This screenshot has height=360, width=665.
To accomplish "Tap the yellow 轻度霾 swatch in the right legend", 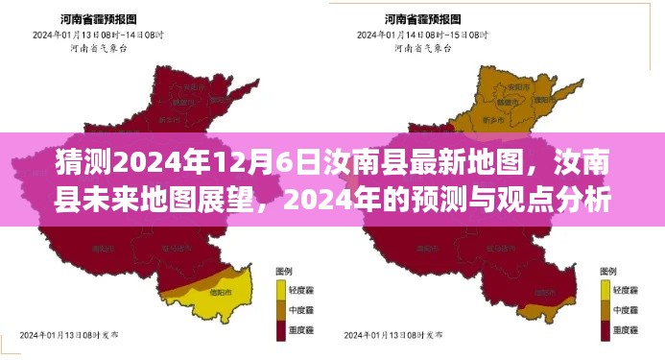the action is (606, 286).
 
